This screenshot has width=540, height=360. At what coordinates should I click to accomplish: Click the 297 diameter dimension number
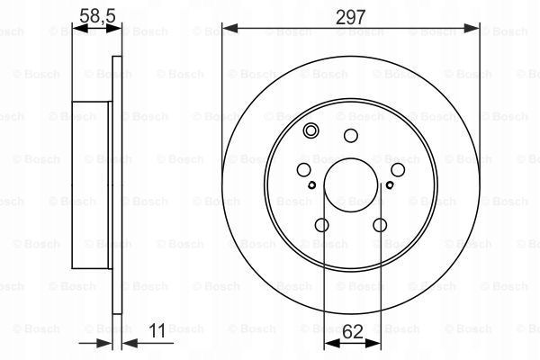[350, 17]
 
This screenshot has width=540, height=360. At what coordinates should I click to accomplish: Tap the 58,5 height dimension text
[97, 16]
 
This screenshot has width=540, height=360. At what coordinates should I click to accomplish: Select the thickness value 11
[157, 330]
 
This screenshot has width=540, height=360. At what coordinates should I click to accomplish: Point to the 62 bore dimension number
[353, 332]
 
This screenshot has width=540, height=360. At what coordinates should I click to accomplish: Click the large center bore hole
[351, 185]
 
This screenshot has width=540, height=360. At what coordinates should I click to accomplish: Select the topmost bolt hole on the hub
[351, 135]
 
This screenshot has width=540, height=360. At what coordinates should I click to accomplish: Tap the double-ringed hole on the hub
[310, 130]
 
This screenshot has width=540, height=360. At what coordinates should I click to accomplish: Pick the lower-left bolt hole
[322, 225]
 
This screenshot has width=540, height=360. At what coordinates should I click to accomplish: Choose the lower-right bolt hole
[380, 225]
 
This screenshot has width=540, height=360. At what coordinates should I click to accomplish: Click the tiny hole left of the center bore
[312, 185]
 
